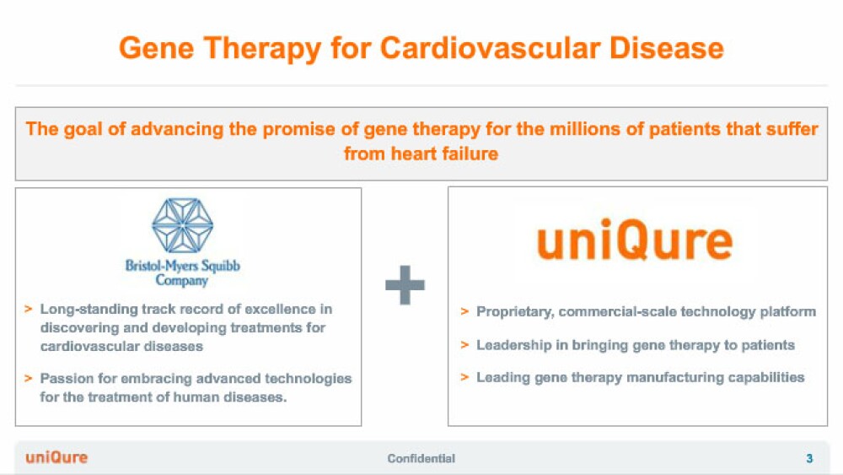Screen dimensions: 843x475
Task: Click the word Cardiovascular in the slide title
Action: (491, 48)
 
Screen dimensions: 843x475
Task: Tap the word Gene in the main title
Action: (156, 48)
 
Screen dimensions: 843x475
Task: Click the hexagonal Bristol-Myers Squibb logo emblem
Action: (182, 225)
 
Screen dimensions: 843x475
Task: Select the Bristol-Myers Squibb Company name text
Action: (182, 273)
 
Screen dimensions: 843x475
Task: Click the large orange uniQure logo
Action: (635, 240)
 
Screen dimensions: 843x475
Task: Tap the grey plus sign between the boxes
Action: (405, 285)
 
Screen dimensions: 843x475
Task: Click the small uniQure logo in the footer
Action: (56, 458)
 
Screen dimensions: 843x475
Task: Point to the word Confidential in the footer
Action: (421, 458)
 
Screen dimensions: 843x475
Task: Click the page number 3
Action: (809, 458)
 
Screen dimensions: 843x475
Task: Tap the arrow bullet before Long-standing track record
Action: (29, 309)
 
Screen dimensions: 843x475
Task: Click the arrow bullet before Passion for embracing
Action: (29, 378)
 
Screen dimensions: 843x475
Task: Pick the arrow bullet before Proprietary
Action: (464, 311)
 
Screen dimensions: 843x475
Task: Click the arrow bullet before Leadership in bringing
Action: (464, 345)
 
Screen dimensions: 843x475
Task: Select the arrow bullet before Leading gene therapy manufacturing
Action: (464, 377)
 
